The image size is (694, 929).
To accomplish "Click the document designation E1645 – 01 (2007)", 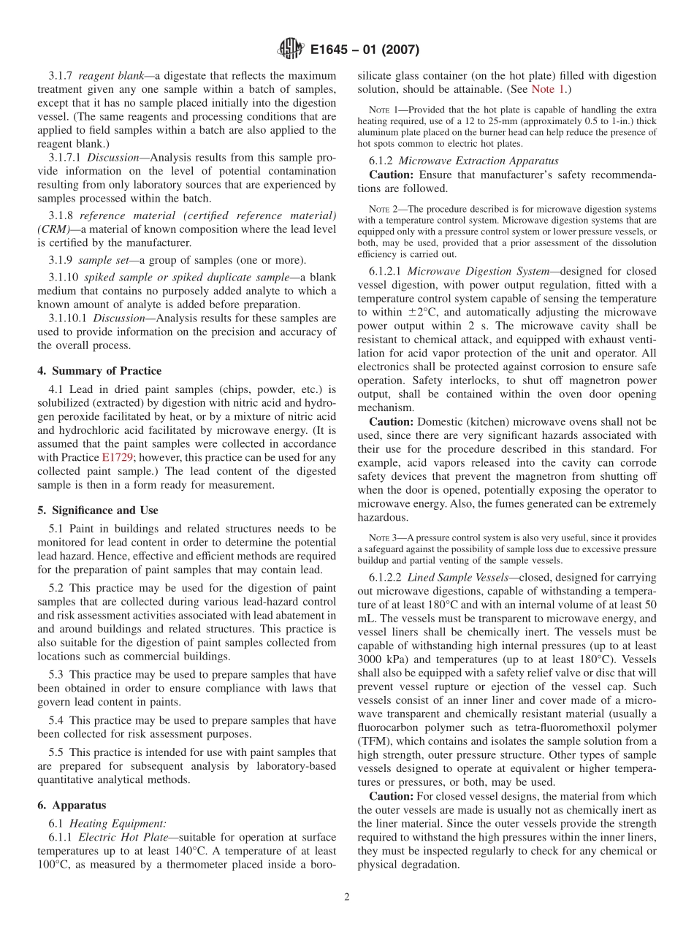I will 365,50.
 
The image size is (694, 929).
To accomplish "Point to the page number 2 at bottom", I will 347,897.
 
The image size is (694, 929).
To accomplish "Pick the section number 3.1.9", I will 61,260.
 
